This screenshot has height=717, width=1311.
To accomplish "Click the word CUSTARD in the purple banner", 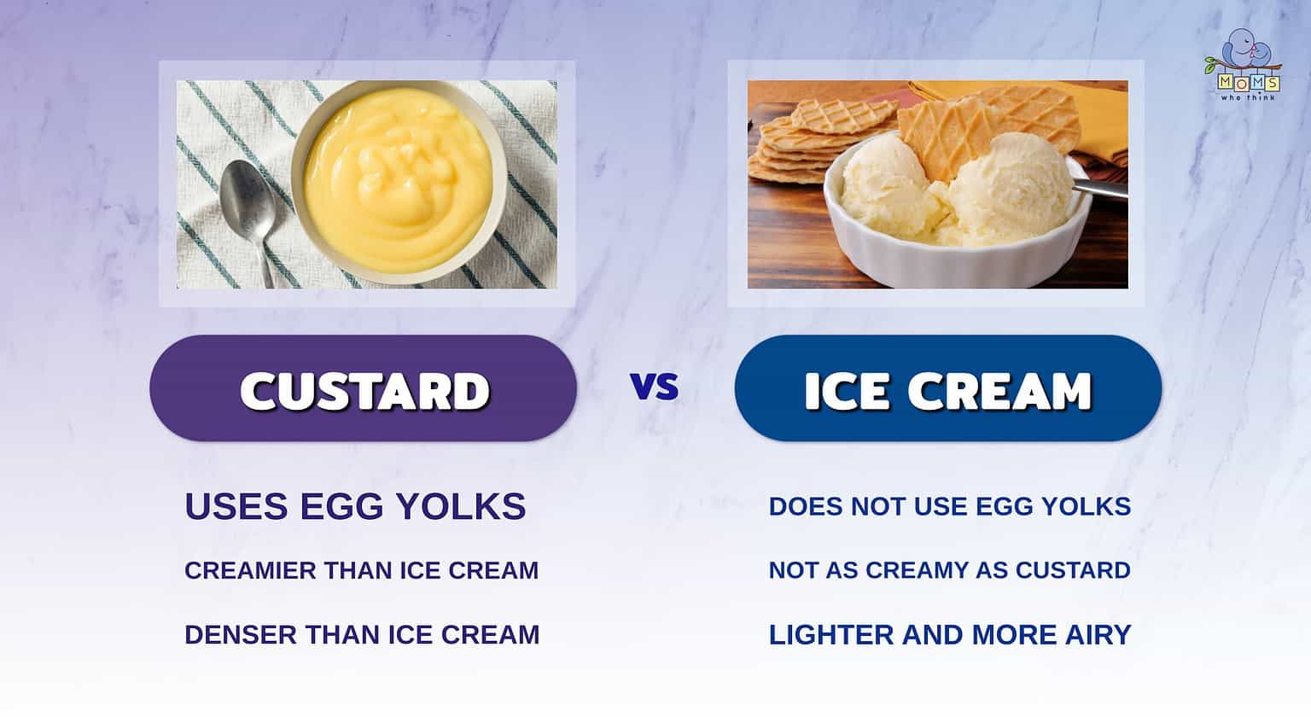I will (x=364, y=391).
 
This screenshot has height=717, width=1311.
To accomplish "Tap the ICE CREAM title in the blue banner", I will (x=947, y=391).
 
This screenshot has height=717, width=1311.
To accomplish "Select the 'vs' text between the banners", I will (x=655, y=387).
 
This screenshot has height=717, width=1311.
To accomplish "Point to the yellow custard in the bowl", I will (x=397, y=179).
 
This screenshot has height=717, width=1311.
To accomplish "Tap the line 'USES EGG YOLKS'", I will (x=355, y=506).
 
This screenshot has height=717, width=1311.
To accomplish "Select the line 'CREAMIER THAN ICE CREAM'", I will (x=361, y=570).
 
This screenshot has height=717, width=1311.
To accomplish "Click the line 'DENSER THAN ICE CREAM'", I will (x=362, y=634).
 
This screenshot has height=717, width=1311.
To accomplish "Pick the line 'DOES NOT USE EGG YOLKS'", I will (x=949, y=506).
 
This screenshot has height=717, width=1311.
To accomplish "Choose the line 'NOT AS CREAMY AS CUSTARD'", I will (x=949, y=570).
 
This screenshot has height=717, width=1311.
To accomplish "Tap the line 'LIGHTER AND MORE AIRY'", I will (x=949, y=634).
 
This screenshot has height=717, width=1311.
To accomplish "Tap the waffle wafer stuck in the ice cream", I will (x=982, y=128).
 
